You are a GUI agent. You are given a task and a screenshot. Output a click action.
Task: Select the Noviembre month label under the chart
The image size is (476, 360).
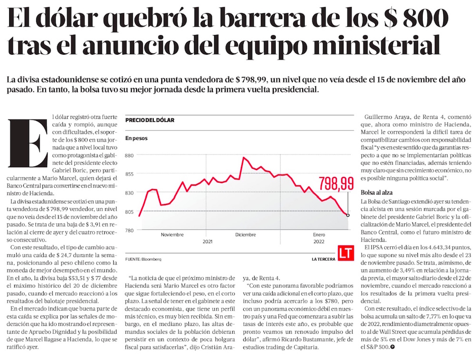(x=172, y=235)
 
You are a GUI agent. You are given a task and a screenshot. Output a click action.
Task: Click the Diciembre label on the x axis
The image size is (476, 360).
(x=246, y=235)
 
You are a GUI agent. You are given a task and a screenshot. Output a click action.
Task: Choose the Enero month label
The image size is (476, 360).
(x=319, y=235)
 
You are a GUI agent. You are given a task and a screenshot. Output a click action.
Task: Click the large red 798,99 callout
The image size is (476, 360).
(x=336, y=183)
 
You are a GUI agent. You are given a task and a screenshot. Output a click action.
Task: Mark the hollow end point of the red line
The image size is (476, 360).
(x=348, y=215)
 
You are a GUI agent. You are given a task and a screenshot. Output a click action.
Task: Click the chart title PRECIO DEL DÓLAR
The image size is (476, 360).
(x=150, y=120)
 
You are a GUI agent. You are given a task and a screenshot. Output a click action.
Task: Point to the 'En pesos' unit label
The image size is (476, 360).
(x=137, y=138)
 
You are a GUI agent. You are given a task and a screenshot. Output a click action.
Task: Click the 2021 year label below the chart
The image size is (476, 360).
(x=207, y=242)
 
